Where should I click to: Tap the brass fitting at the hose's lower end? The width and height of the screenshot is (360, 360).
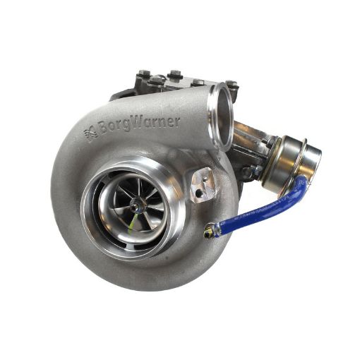[210, 231]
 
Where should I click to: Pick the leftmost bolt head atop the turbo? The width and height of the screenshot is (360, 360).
[144, 74]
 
